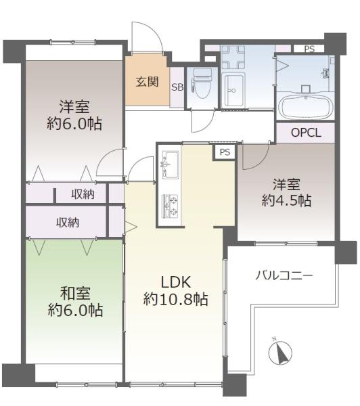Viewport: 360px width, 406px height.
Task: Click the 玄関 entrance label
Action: [x=147, y=82]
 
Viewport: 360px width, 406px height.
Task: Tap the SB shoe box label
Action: [x=177, y=87]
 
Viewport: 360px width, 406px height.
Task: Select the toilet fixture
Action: [x=202, y=83]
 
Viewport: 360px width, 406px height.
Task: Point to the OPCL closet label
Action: [x=306, y=133]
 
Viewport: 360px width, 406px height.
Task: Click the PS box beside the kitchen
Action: [x=225, y=152]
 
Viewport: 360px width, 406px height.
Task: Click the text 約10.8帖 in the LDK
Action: [x=175, y=299]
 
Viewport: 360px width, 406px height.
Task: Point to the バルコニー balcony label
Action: [x=284, y=275]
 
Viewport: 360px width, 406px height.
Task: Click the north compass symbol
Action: [x=281, y=353]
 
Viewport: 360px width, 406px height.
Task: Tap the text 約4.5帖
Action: [x=286, y=200]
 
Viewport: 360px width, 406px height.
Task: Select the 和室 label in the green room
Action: [x=75, y=294]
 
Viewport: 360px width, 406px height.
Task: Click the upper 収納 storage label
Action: [x=83, y=194]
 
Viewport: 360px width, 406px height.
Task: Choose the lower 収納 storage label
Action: [x=68, y=222]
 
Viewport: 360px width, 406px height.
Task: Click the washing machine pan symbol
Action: [x=233, y=57]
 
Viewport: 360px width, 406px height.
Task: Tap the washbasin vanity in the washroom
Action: [x=233, y=90]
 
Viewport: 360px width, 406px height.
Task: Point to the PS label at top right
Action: [x=309, y=49]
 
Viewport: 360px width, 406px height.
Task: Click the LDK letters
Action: [x=176, y=282]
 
